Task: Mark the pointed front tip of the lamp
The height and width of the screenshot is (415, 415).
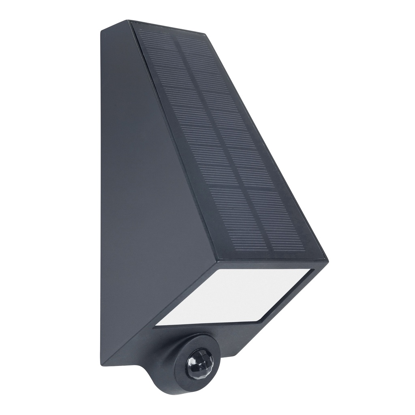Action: click(x=327, y=259)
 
